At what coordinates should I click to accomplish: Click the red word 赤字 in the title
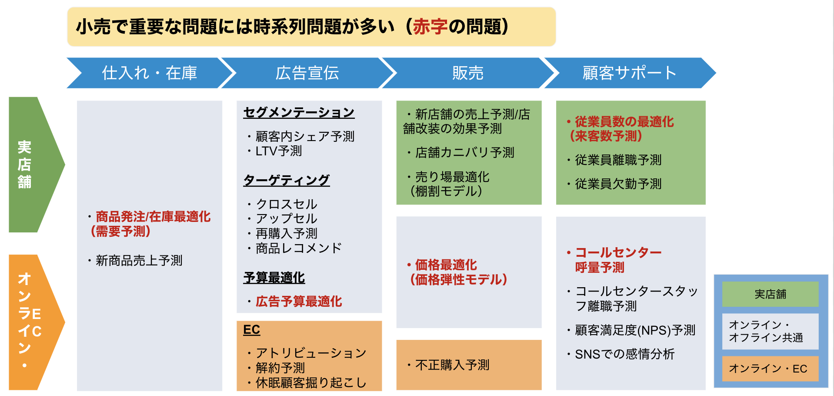[x=430, y=27]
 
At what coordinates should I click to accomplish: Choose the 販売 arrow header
[x=468, y=73]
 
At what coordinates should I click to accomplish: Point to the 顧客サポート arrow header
[x=629, y=73]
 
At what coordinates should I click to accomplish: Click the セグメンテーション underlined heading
[x=299, y=112]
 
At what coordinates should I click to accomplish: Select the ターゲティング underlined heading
[x=287, y=180]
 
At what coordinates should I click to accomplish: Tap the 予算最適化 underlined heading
[x=274, y=277]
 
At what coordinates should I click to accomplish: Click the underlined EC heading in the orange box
[x=251, y=329]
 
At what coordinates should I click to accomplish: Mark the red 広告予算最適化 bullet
[x=294, y=301]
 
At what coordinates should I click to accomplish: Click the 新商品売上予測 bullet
[x=135, y=260]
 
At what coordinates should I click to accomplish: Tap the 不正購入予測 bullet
[x=448, y=365]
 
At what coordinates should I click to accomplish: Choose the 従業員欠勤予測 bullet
[x=614, y=184]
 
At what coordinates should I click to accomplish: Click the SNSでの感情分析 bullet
[x=620, y=354]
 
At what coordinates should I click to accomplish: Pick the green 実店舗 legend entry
[x=771, y=294]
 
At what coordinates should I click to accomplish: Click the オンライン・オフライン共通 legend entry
[x=771, y=331]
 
